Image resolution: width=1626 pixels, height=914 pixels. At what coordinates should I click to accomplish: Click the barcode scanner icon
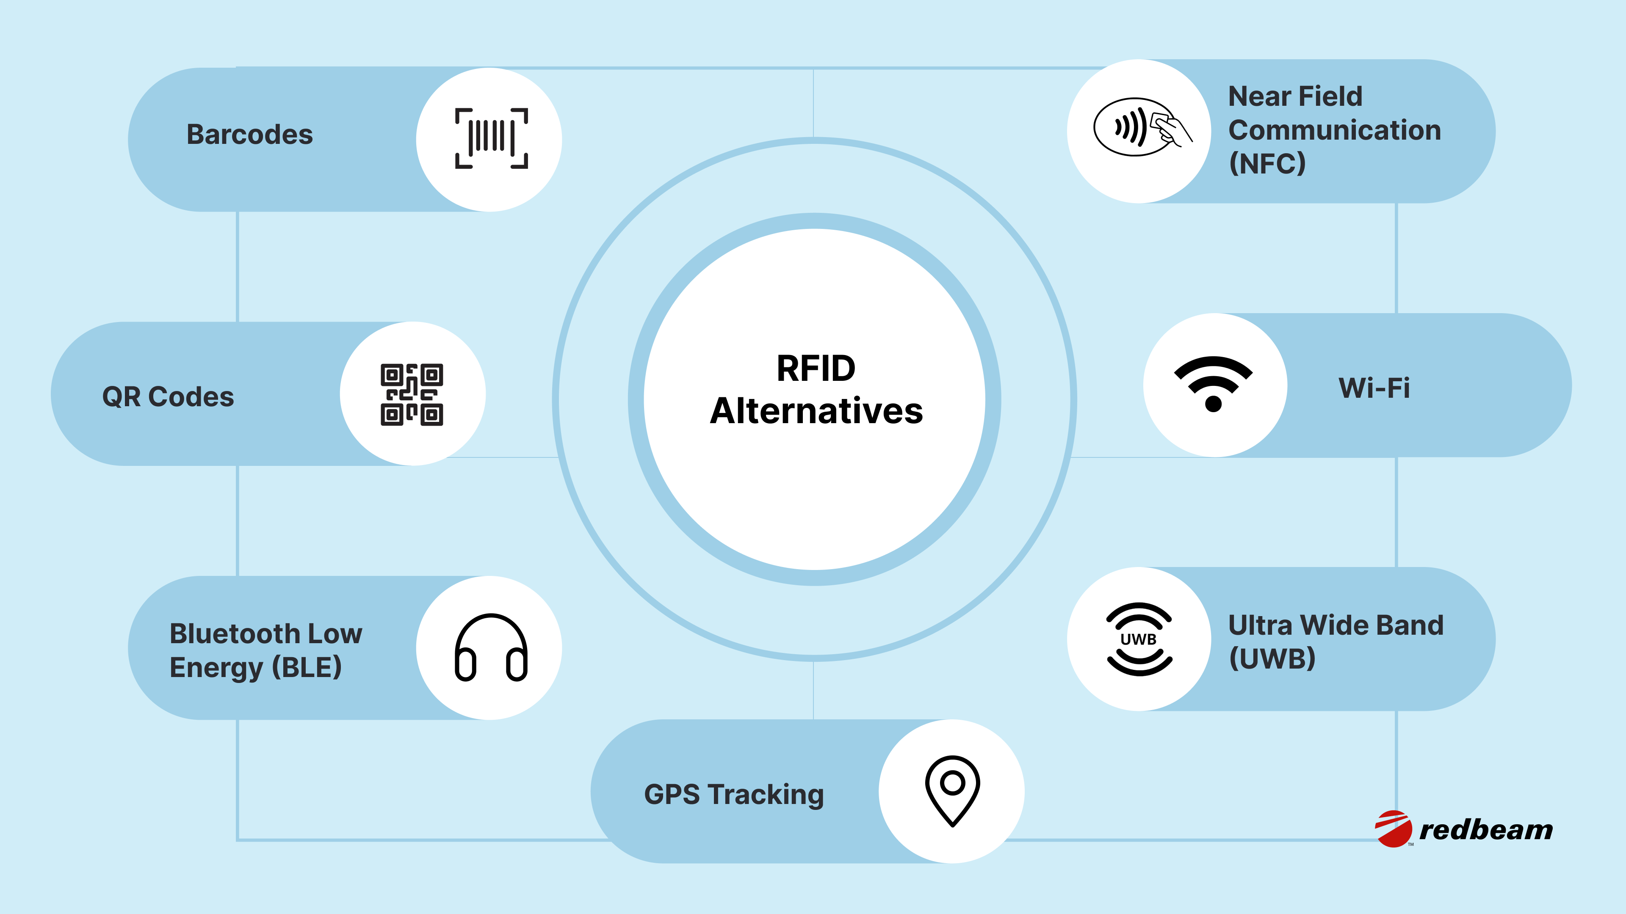tap(491, 138)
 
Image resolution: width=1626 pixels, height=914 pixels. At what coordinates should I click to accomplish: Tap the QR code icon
tap(412, 394)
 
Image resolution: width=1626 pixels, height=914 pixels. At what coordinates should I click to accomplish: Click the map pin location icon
tap(952, 790)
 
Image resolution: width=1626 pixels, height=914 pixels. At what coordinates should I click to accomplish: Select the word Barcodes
tap(249, 135)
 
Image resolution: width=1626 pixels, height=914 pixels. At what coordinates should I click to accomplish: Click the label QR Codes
tap(168, 397)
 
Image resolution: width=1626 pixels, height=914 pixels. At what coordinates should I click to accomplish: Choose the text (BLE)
tap(307, 667)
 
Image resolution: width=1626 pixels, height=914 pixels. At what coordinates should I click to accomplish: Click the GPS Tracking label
tap(733, 794)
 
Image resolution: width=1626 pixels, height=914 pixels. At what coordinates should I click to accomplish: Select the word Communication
tap(1334, 130)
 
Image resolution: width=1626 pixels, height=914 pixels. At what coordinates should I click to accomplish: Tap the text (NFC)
tap(1267, 163)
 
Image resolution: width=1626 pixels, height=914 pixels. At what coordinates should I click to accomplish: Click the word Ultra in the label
tap(1260, 625)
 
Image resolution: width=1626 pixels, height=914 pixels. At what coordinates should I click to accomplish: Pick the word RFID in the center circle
tap(816, 369)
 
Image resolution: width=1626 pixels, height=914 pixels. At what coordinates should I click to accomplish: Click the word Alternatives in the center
tap(816, 411)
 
